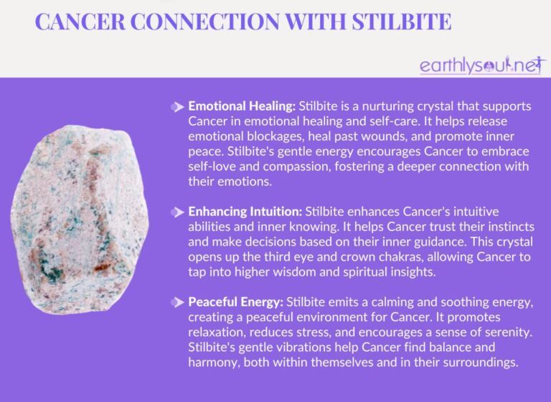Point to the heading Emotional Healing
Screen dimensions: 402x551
(241, 106)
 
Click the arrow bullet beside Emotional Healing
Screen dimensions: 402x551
(177, 106)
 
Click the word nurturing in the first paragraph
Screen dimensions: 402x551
(392, 106)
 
